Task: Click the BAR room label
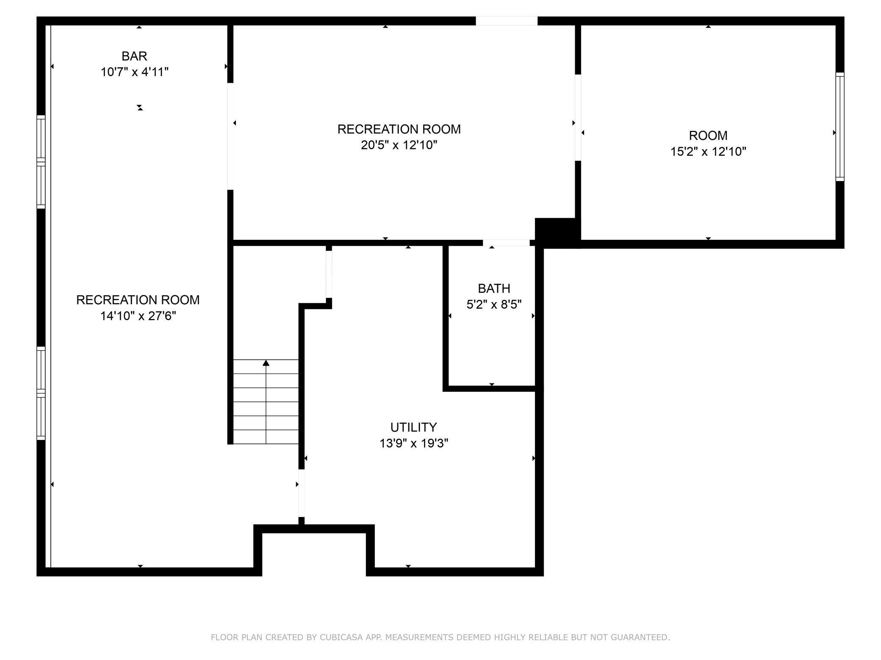tap(134, 56)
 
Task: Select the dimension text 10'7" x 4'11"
tap(134, 72)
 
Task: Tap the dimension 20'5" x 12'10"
tap(399, 145)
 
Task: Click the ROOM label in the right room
tap(708, 135)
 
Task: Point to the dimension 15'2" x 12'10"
tap(708, 151)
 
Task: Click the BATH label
tap(494, 289)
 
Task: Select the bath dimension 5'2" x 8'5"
tap(494, 305)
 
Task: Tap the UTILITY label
tap(413, 427)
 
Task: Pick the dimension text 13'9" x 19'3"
tap(413, 443)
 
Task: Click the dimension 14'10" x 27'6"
tap(138, 316)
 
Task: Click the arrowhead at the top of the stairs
tap(266, 363)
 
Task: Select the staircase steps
tap(266, 402)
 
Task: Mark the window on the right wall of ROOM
tap(840, 127)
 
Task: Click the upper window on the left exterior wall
tap(41, 162)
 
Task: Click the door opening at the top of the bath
tap(506, 243)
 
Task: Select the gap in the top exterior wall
tap(507, 21)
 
